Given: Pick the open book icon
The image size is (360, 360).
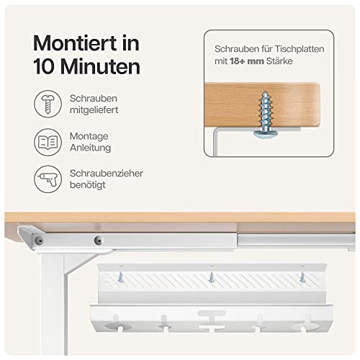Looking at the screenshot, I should click(45, 143).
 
